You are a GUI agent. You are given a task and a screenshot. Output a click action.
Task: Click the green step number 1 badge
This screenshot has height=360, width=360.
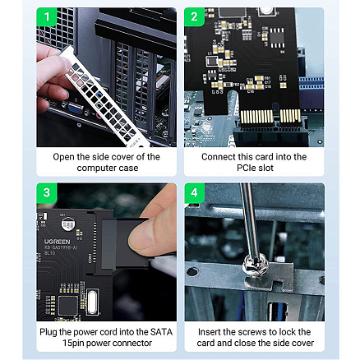click(x=47, y=16)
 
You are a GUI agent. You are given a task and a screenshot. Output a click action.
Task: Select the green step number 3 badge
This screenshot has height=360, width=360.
click(x=47, y=192)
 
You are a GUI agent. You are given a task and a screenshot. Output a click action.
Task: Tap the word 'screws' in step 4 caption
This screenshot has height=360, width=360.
click(x=253, y=331)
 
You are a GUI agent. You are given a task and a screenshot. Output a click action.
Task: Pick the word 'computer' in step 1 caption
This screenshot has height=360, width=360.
click(x=95, y=166)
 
